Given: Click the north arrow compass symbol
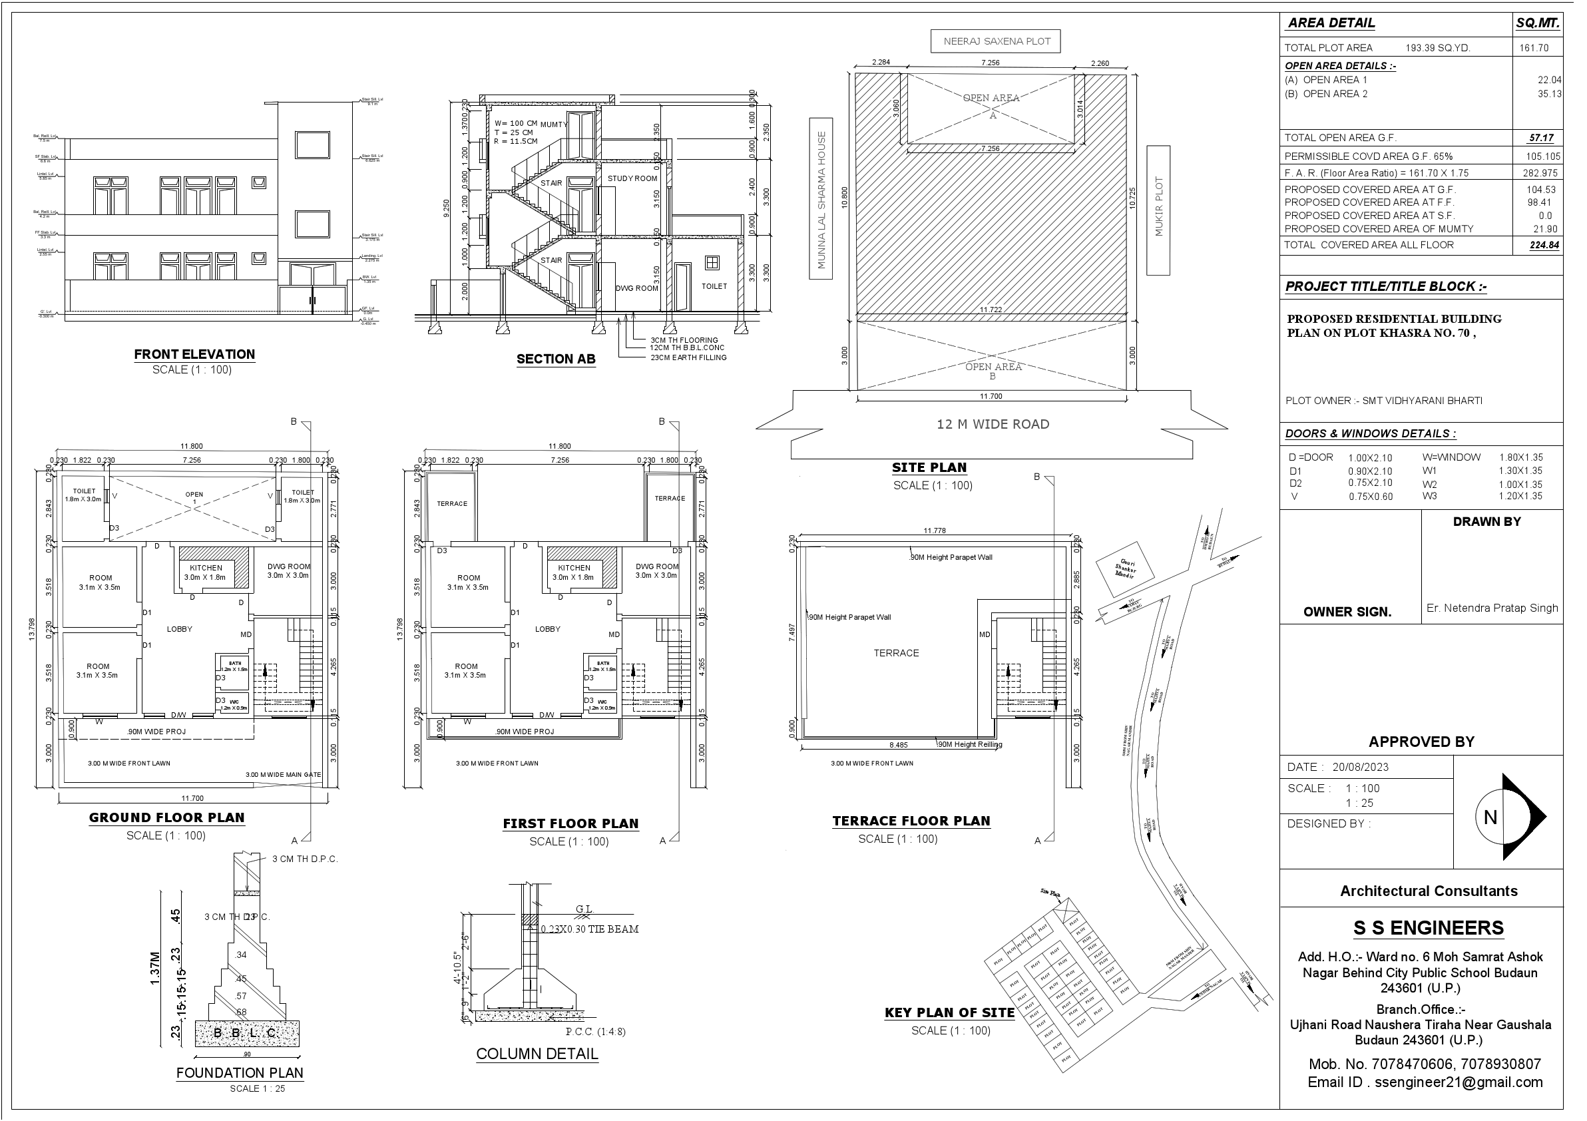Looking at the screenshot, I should tap(1508, 817).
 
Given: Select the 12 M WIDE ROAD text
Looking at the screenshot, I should tap(993, 424).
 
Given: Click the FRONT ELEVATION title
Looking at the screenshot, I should tap(194, 355).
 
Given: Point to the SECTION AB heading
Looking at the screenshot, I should tap(556, 359).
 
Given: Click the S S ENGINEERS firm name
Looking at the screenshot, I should tap(1428, 927).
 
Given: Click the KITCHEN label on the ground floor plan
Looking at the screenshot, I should tap(206, 568).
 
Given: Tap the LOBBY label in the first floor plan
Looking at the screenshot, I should tap(547, 629).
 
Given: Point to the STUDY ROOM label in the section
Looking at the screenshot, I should tap(632, 178).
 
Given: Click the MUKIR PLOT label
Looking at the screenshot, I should tap(1158, 207).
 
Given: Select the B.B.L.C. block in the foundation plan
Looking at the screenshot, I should tap(247, 1033).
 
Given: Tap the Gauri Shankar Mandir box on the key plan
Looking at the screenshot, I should tap(1125, 568).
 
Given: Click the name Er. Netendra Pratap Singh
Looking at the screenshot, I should tap(1492, 608).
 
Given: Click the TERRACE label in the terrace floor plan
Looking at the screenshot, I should tap(896, 653).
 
